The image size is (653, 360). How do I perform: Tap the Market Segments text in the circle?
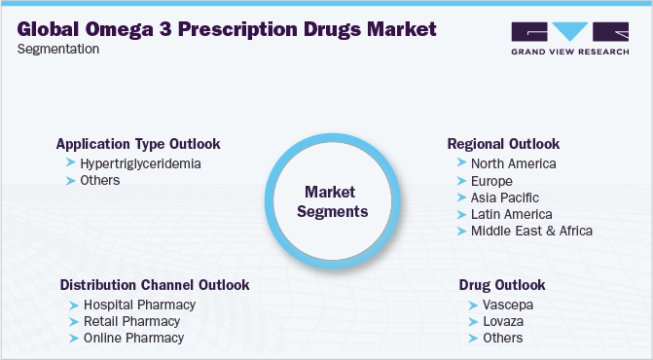point(329,201)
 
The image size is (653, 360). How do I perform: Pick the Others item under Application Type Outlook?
point(101,180)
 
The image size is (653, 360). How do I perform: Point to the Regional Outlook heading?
point(503,144)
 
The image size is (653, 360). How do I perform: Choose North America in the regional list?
point(513,163)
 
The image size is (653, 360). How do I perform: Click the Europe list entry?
point(490,181)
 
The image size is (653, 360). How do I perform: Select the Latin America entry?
point(511,214)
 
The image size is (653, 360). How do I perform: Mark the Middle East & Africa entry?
point(531,231)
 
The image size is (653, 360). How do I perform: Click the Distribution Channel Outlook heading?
point(155,285)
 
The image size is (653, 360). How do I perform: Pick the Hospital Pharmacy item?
point(139,305)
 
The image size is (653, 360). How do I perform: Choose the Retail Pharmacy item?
point(131,321)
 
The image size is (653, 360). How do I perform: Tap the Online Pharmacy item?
point(133,338)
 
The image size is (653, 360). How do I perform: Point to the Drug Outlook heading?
point(501,285)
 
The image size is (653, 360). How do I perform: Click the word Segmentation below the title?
point(58,48)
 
